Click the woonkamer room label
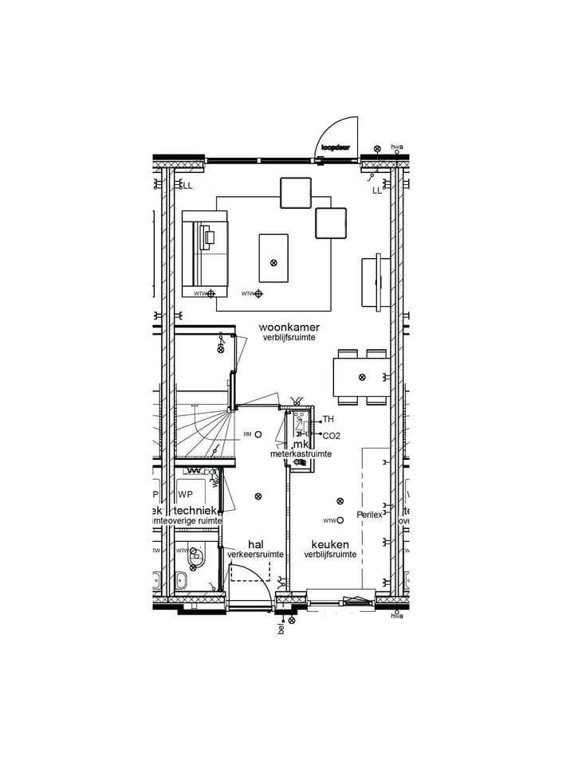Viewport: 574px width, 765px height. pos(289,328)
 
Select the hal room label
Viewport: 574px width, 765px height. pos(255,543)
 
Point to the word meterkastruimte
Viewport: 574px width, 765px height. pos(301,454)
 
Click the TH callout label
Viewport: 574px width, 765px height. pos(328,419)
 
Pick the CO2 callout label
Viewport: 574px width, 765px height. pos(331,436)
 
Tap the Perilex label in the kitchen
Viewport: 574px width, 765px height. pos(369,514)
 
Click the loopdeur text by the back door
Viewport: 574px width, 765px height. pos(336,147)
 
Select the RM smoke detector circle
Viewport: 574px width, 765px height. pos(258,434)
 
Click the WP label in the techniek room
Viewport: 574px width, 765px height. pos(186,494)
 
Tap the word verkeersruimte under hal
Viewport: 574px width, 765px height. pos(255,554)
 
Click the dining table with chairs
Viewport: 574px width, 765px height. pos(362,377)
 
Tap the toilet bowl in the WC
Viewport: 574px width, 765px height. pos(181,581)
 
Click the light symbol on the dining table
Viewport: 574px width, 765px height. pos(362,377)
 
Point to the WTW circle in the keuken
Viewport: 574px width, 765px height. pos(340,520)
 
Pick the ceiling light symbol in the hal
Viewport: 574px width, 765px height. pos(258,496)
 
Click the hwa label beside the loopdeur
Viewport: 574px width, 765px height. pos(397,147)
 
